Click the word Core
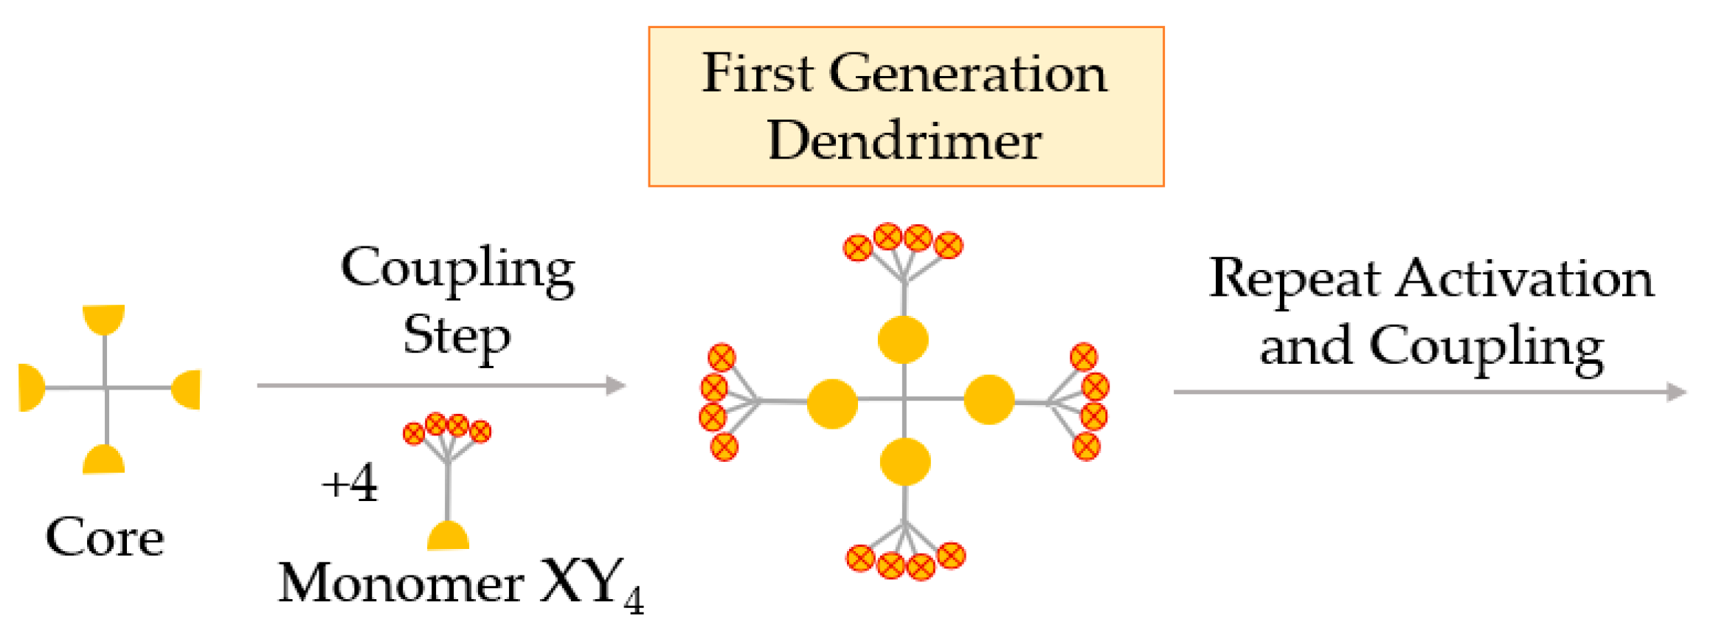[x=105, y=537]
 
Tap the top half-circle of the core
[x=103, y=318]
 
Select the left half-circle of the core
[x=31, y=387]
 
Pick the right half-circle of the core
[x=187, y=389]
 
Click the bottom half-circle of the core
[x=103, y=460]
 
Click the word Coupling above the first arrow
[x=457, y=269]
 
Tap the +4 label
[x=350, y=483]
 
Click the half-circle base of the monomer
[x=448, y=536]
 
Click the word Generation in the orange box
[x=967, y=74]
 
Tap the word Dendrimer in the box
[x=904, y=140]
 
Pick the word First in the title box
[x=757, y=73]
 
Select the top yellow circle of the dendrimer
[x=903, y=339]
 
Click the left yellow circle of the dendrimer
[x=832, y=403]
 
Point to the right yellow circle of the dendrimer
[x=989, y=399]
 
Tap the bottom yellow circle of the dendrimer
[x=905, y=461]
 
